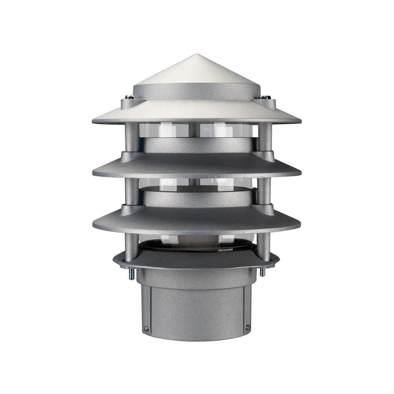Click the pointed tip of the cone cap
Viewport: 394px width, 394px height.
point(196,55)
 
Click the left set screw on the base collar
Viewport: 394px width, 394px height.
point(147,328)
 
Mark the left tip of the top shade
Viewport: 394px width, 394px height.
point(93,120)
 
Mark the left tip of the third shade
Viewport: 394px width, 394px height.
point(94,225)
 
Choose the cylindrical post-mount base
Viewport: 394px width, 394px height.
point(196,306)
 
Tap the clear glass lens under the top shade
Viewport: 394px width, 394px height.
point(219,130)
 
